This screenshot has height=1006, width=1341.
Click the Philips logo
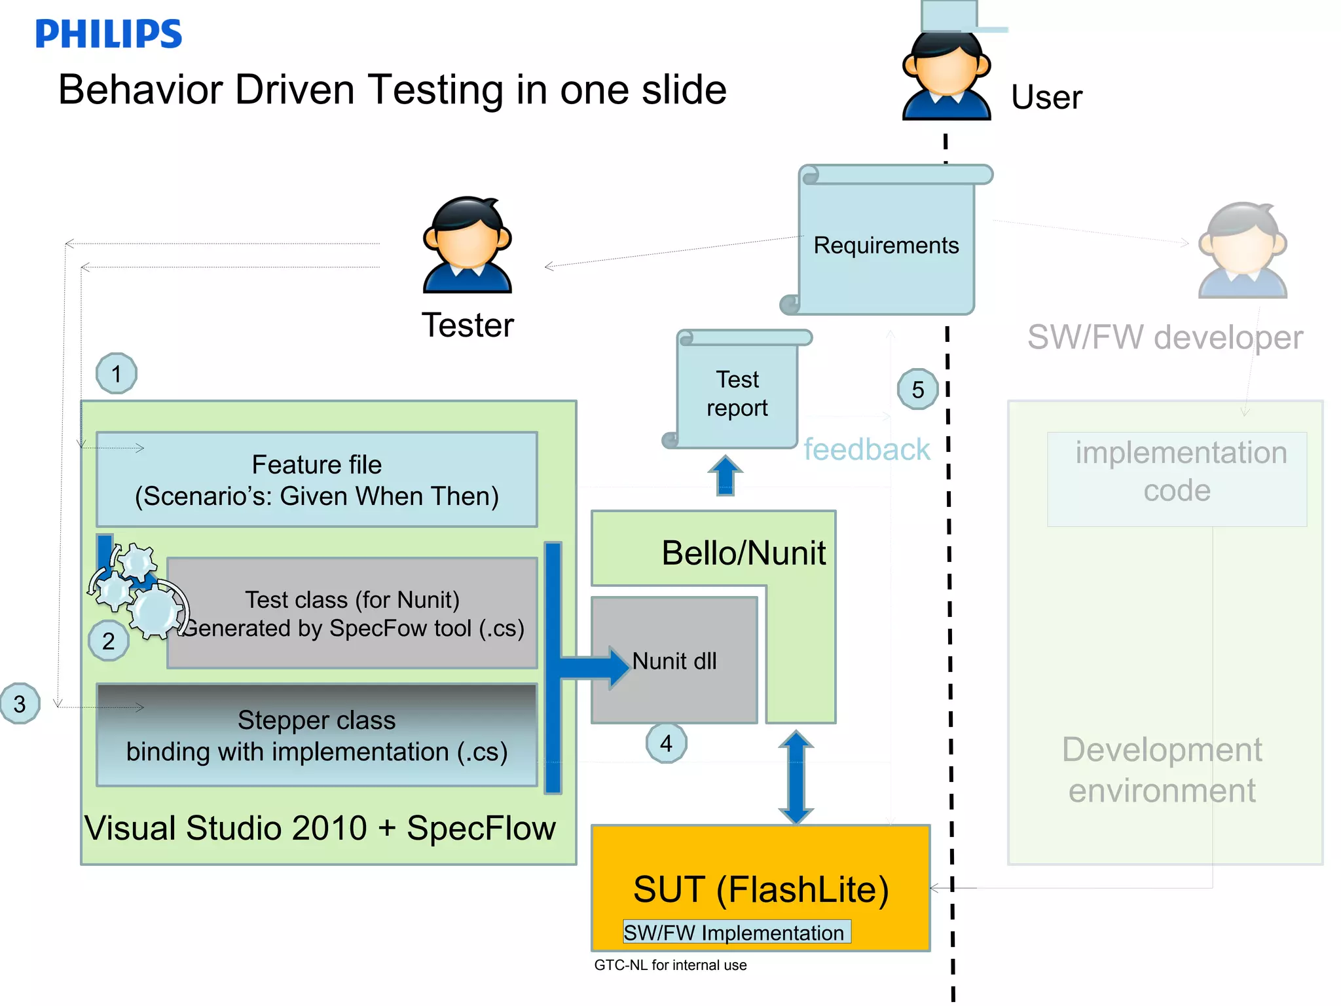(x=108, y=34)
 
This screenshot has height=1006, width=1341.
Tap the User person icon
(x=946, y=75)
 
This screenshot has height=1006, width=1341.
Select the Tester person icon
(x=467, y=245)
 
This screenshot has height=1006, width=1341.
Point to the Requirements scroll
(x=886, y=242)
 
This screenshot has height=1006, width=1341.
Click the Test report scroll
(x=738, y=392)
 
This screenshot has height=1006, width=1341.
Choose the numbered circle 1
(x=116, y=373)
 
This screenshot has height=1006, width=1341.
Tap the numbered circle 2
(x=108, y=641)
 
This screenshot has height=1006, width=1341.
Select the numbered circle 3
(x=20, y=704)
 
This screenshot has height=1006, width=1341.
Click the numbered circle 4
(x=666, y=743)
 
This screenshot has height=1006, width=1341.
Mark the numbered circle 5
(x=917, y=390)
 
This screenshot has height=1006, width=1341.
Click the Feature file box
(x=317, y=479)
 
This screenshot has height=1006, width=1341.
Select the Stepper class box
(x=317, y=735)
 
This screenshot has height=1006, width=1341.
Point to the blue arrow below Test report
(x=725, y=475)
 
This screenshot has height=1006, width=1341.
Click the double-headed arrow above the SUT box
(x=796, y=777)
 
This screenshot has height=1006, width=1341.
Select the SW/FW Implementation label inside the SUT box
(x=736, y=932)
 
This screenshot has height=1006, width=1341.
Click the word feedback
(x=866, y=450)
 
